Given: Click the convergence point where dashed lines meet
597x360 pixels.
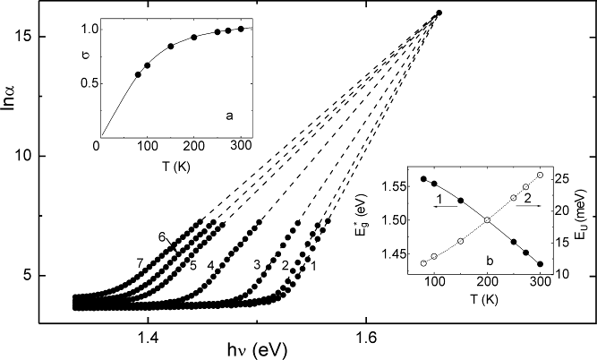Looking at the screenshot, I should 439,13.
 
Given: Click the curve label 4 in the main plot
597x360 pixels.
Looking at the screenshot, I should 210,266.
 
